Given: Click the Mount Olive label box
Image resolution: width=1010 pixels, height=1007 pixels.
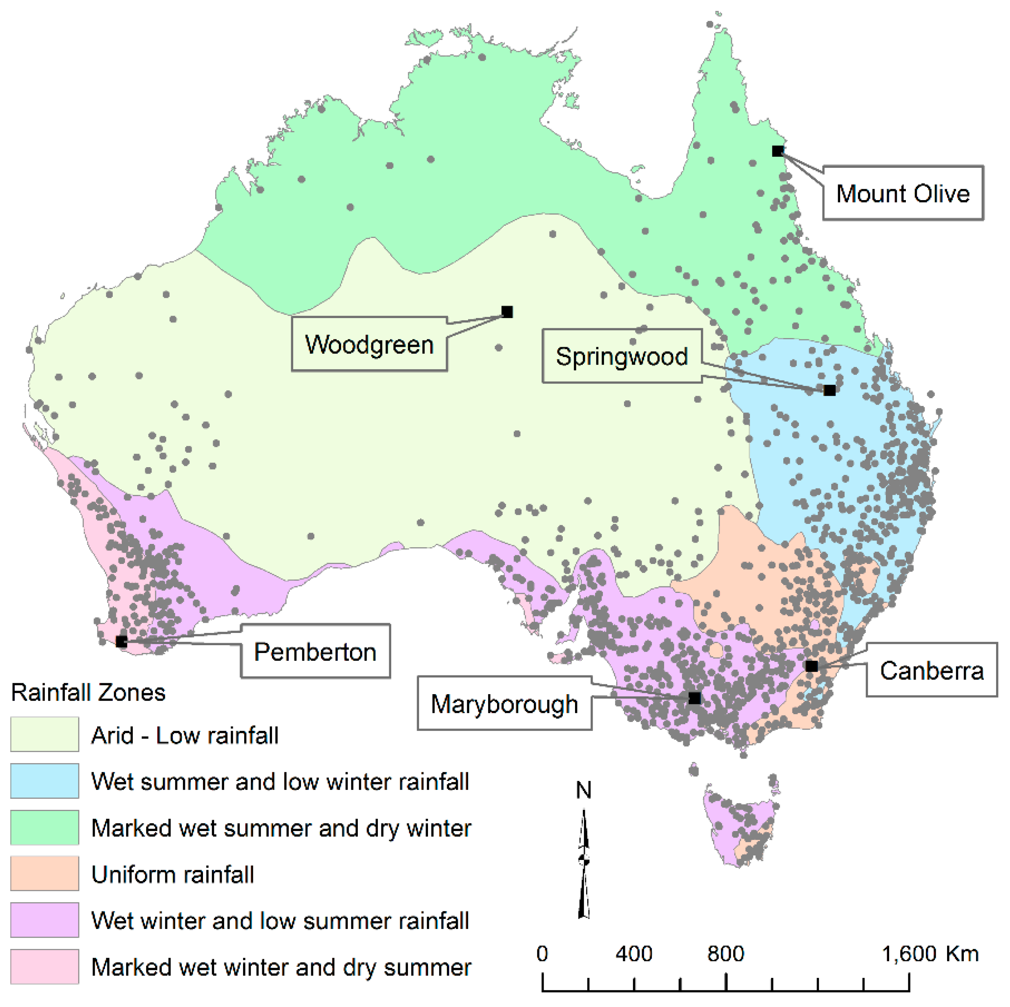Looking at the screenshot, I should click(903, 193).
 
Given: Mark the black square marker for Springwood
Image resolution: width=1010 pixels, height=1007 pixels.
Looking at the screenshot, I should click(829, 390).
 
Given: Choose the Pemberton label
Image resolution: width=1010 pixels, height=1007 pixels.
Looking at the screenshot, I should click(315, 652).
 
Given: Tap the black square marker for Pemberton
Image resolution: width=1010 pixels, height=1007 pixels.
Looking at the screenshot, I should click(121, 641).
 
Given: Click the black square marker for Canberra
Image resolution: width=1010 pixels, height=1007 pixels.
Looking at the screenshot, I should click(812, 666).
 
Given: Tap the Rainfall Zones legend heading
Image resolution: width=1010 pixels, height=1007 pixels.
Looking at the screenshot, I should click(88, 693).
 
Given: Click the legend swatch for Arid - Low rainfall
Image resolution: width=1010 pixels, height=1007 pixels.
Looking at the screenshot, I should click(45, 735).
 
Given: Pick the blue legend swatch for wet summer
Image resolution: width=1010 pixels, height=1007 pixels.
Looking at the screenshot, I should click(45, 781).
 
